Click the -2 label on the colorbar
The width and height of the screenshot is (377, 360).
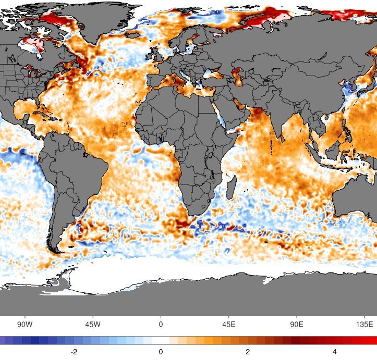74,352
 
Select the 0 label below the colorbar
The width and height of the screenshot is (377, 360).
161,352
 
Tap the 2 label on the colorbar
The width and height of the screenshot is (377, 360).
248,352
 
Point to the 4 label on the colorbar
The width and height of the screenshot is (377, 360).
334,352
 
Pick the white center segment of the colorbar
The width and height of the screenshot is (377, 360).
161,340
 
